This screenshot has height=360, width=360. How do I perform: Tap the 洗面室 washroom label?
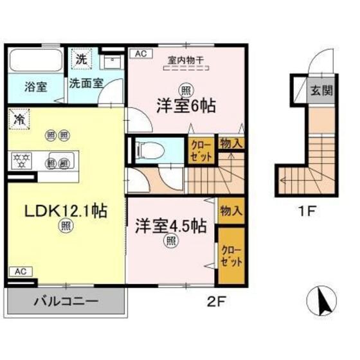tap(85, 83)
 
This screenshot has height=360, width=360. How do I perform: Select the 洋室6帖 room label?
tap(184, 105)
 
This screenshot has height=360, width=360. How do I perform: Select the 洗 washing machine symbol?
tap(82, 58)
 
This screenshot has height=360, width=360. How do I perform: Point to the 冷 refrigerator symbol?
tap(20, 120)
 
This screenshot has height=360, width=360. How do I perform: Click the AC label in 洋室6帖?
tap(139, 55)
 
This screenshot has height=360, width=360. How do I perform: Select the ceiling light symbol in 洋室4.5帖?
tap(170, 242)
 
